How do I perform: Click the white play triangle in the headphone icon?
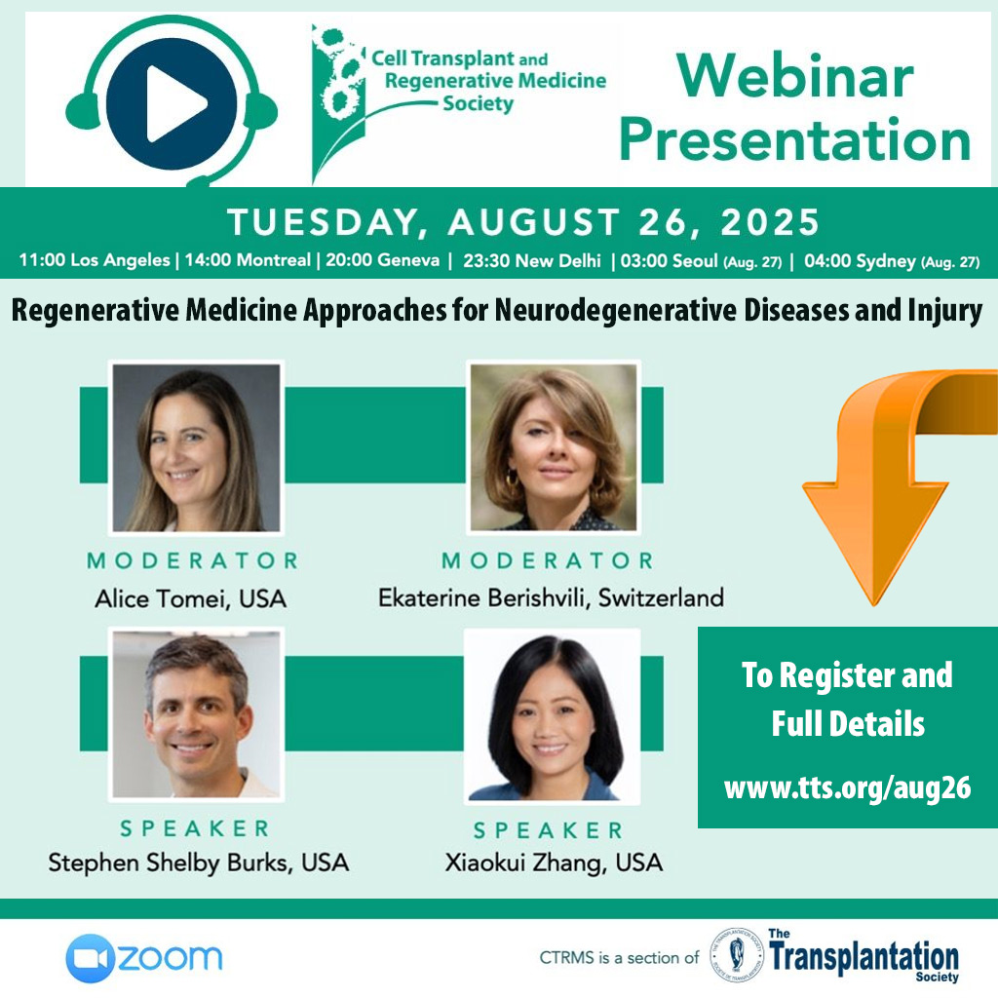[173, 103]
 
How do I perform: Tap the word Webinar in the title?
[795, 76]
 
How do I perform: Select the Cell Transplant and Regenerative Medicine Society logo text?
[488, 81]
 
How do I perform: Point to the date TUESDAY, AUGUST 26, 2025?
[523, 222]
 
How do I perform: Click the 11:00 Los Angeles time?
[95, 259]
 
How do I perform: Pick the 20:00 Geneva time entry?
[382, 259]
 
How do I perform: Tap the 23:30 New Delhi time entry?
[531, 260]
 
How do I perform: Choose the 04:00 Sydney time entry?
[892, 261]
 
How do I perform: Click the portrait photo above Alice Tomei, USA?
[196, 447]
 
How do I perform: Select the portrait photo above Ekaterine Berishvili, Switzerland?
[554, 446]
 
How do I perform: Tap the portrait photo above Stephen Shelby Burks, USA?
[196, 714]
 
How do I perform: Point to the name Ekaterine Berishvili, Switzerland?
[552, 598]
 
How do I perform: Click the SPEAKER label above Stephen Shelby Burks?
[195, 828]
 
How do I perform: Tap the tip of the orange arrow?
[875, 604]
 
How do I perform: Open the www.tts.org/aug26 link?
[847, 787]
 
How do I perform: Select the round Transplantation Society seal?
[737, 955]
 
